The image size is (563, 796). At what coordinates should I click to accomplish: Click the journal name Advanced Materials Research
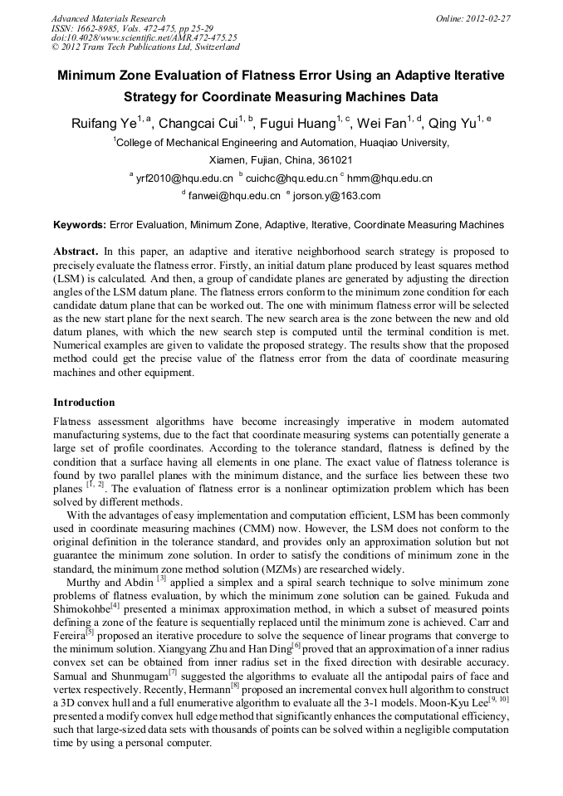tap(108, 18)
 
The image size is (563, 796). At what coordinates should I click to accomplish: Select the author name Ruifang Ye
tap(102, 124)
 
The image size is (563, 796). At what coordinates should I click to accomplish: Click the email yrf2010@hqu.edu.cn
tap(184, 178)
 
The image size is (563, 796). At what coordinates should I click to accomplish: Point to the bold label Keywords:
tap(80, 225)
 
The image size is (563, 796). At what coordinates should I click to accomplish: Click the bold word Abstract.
tap(76, 251)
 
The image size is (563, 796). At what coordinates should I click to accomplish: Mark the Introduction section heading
tap(84, 403)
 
